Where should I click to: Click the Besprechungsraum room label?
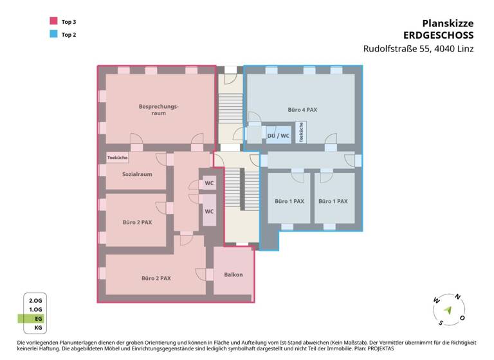pyautogui.click(x=158, y=109)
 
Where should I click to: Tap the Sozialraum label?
pyautogui.click(x=137, y=174)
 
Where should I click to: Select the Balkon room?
pyautogui.click(x=233, y=275)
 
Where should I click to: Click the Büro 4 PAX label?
pyautogui.click(x=302, y=110)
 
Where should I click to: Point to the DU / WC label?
pyautogui.click(x=279, y=136)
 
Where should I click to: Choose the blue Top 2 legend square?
pyautogui.click(x=52, y=34)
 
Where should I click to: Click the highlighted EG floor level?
pyautogui.click(x=38, y=318)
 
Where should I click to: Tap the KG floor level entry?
pyautogui.click(x=38, y=328)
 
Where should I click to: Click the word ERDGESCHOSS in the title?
pyautogui.click(x=439, y=35)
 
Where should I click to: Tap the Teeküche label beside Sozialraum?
pyautogui.click(x=117, y=157)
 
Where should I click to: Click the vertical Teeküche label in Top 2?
pyautogui.click(x=301, y=132)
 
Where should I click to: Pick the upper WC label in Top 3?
pyautogui.click(x=209, y=183)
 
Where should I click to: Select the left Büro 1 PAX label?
pyautogui.click(x=289, y=201)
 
